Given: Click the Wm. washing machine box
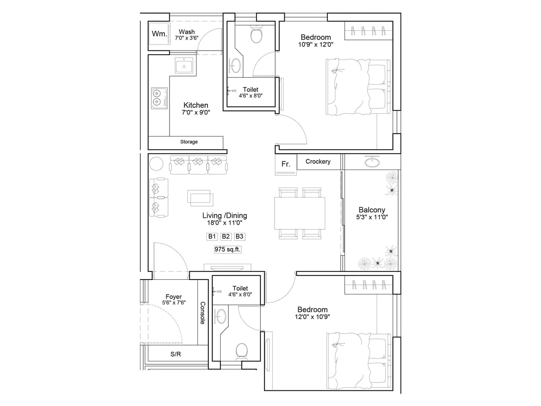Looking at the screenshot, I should click(x=159, y=33).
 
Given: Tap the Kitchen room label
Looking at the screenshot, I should click(x=196, y=105).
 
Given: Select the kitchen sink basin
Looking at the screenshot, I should click(x=184, y=65).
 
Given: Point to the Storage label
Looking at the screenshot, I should click(x=189, y=142).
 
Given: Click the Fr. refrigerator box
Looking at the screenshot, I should click(x=286, y=164).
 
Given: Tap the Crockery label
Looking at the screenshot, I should click(x=318, y=162).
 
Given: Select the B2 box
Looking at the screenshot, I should click(x=226, y=236).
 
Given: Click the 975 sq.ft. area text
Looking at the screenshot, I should click(x=228, y=249).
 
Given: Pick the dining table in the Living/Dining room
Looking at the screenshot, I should click(x=300, y=213).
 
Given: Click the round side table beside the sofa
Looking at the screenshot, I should click(x=156, y=164).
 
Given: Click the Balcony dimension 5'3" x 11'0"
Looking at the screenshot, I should click(x=372, y=217).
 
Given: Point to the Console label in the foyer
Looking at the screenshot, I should click(x=203, y=313).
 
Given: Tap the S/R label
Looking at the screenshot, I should click(x=175, y=354).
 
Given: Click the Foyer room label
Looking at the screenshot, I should click(x=173, y=297).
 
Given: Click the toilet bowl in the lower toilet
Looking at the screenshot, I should click(x=241, y=351).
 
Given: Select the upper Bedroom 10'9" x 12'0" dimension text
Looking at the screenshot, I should click(x=315, y=44).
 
